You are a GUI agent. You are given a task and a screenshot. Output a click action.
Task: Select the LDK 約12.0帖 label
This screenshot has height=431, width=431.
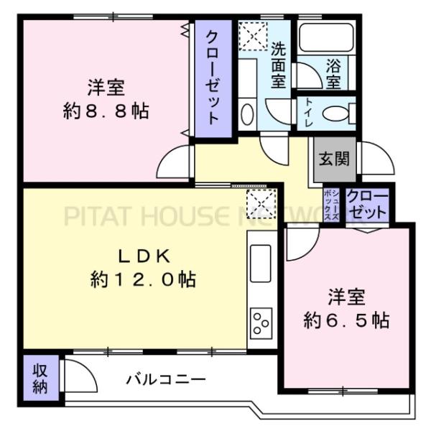pos(143,267)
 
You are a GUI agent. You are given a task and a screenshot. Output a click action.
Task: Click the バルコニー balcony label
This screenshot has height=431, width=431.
pos(167,379)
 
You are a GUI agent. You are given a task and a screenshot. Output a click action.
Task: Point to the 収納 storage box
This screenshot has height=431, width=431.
pos(39,378)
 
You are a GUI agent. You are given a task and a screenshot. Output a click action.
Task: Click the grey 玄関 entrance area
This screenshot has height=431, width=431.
pos(334,159)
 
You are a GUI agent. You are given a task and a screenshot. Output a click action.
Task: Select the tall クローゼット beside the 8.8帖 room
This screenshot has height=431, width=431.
pos(213,78)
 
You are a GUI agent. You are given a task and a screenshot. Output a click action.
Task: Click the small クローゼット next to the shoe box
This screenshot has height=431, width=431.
pos(367,205)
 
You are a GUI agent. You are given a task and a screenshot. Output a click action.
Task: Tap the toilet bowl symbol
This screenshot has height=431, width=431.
pos(335,113)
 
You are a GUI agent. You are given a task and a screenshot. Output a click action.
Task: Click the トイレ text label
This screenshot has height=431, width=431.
pos(307,113)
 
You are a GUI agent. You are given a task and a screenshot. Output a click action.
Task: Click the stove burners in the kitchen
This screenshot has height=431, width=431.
pos(260,324)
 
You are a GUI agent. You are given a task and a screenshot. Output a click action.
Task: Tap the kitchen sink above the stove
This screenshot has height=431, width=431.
pos(260,265)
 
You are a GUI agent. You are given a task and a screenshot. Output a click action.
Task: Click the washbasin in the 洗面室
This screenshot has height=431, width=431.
pos(246,114)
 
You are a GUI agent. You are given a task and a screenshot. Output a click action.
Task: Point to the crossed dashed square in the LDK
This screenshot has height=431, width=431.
pos(257,203)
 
